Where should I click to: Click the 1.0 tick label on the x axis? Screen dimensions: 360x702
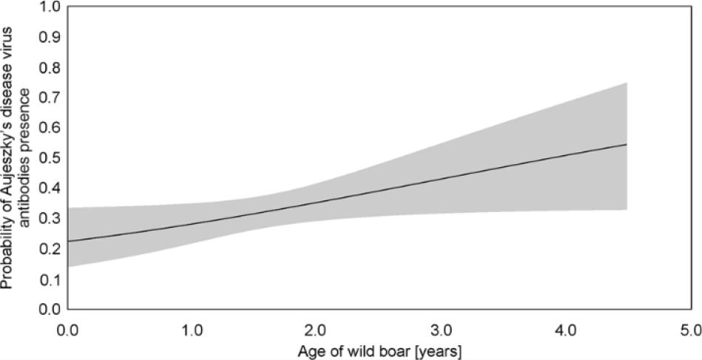192,326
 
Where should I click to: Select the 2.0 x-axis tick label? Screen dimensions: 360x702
317,326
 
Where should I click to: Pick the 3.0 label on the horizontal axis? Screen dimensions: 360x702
442,326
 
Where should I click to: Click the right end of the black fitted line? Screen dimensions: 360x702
627,145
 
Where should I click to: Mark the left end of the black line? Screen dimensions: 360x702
68,241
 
